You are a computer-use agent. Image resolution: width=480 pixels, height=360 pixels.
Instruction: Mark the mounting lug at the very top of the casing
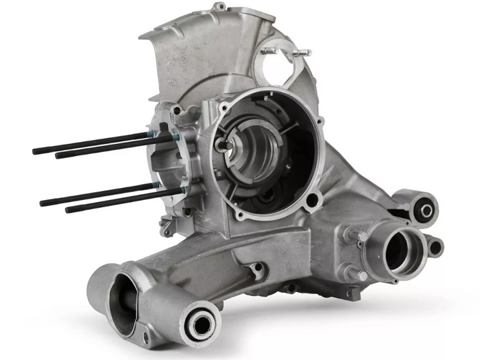click(x=219, y=7)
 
